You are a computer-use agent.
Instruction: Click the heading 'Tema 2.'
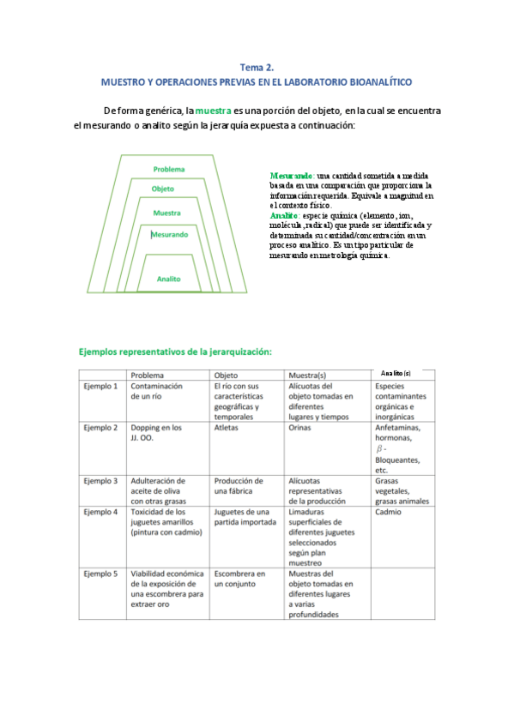257,66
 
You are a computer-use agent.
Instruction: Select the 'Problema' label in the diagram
169,169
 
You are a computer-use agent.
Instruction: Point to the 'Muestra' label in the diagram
167,213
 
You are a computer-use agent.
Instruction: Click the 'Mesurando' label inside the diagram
169,234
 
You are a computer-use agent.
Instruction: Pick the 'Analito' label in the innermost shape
169,279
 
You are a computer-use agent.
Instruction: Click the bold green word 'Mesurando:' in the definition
291,176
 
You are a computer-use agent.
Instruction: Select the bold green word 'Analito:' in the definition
284,216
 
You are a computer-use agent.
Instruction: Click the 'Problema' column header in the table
148,375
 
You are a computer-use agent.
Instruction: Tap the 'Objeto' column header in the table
227,375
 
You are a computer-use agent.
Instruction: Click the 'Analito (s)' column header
396,374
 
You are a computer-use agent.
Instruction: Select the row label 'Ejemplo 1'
100,387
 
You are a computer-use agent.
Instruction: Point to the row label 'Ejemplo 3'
100,481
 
